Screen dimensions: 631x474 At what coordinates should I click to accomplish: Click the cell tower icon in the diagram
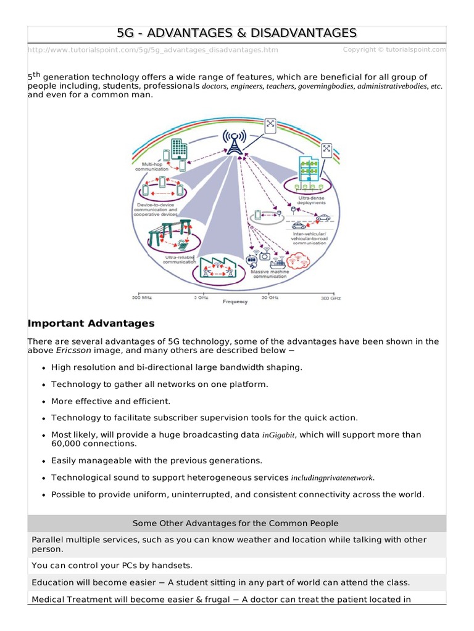pos(233,142)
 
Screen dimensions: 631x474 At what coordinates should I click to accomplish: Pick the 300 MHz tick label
pos(141,298)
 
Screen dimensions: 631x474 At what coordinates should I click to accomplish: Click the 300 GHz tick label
pos(331,298)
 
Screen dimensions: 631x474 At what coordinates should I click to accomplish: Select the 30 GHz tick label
pos(269,298)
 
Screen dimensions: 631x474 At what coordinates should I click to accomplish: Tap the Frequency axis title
pos(235,302)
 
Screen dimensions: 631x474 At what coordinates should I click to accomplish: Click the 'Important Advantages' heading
pos(91,324)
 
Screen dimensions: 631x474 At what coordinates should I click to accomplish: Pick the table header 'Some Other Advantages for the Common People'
pos(236,523)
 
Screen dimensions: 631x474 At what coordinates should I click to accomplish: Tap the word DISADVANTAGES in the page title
pos(294,33)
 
